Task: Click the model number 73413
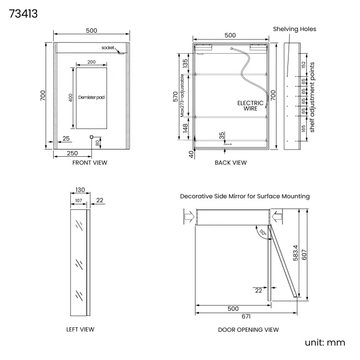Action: tap(23, 14)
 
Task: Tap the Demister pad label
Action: tap(91, 97)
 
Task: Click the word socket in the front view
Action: tap(107, 48)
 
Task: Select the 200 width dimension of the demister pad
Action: tap(91, 62)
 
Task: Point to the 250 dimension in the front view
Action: tap(73, 153)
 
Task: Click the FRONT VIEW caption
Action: tap(90, 162)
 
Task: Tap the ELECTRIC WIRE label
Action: tap(250, 106)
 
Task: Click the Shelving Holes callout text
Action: tap(295, 29)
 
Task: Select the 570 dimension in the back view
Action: tap(176, 96)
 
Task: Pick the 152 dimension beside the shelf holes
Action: tap(304, 65)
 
